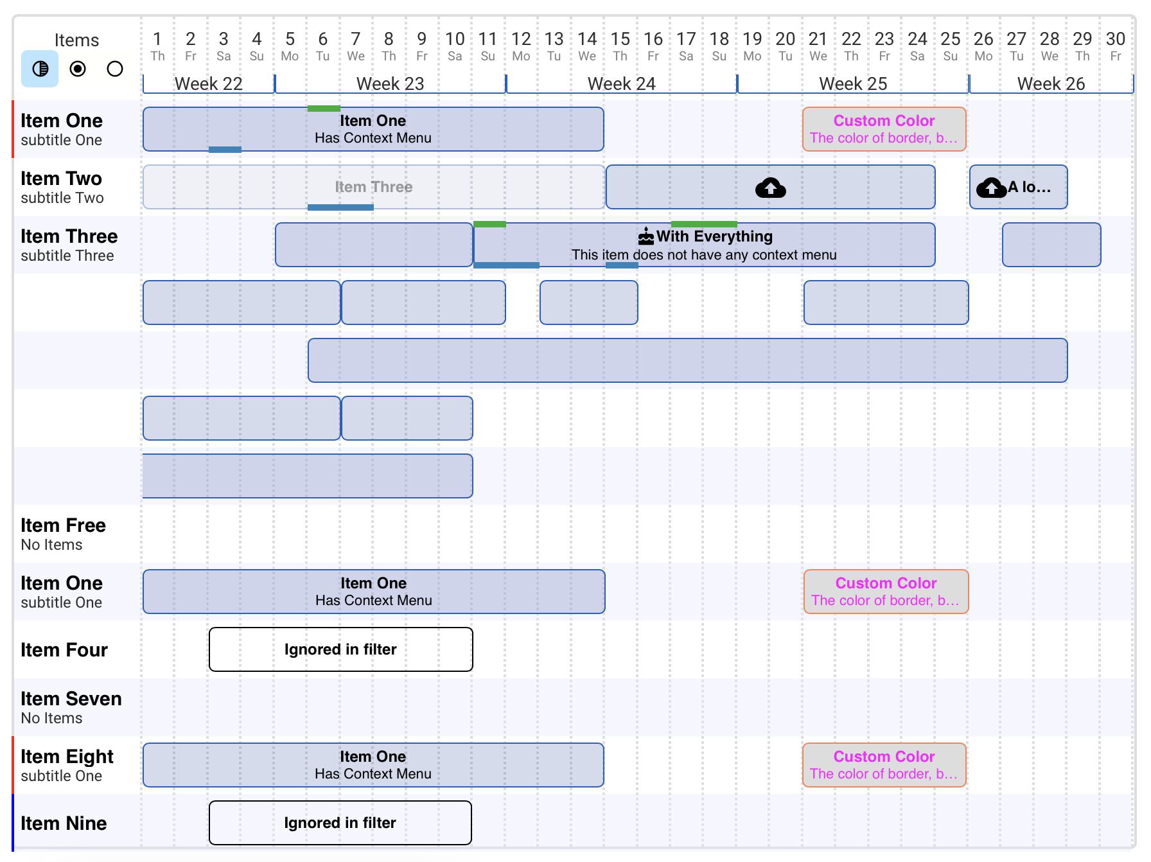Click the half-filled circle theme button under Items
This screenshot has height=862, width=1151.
(x=40, y=69)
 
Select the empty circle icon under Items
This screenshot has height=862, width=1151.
(x=115, y=69)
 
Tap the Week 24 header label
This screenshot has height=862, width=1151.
(x=621, y=84)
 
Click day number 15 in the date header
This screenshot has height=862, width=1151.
(x=620, y=39)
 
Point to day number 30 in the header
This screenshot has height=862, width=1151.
(x=1115, y=39)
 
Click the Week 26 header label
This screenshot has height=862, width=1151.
(x=1051, y=84)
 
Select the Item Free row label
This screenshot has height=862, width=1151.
(x=63, y=525)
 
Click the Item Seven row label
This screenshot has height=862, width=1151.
(x=71, y=699)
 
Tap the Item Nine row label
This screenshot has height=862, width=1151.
(x=64, y=823)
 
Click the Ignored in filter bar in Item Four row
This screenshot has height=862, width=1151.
(x=340, y=649)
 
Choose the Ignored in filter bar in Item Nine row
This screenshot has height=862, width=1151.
(x=340, y=823)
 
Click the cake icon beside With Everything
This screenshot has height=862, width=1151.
(x=646, y=237)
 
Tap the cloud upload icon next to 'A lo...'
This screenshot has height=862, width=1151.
(x=991, y=188)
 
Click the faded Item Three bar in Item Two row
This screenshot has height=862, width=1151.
(x=373, y=187)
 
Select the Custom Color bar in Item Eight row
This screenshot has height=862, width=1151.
(x=884, y=765)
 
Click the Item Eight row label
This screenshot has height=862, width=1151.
(x=67, y=757)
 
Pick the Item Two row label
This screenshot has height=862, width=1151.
(x=61, y=179)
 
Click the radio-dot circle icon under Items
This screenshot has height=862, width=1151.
(x=78, y=69)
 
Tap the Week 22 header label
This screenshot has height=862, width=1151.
(x=208, y=84)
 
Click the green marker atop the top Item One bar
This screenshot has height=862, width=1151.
(x=324, y=109)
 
